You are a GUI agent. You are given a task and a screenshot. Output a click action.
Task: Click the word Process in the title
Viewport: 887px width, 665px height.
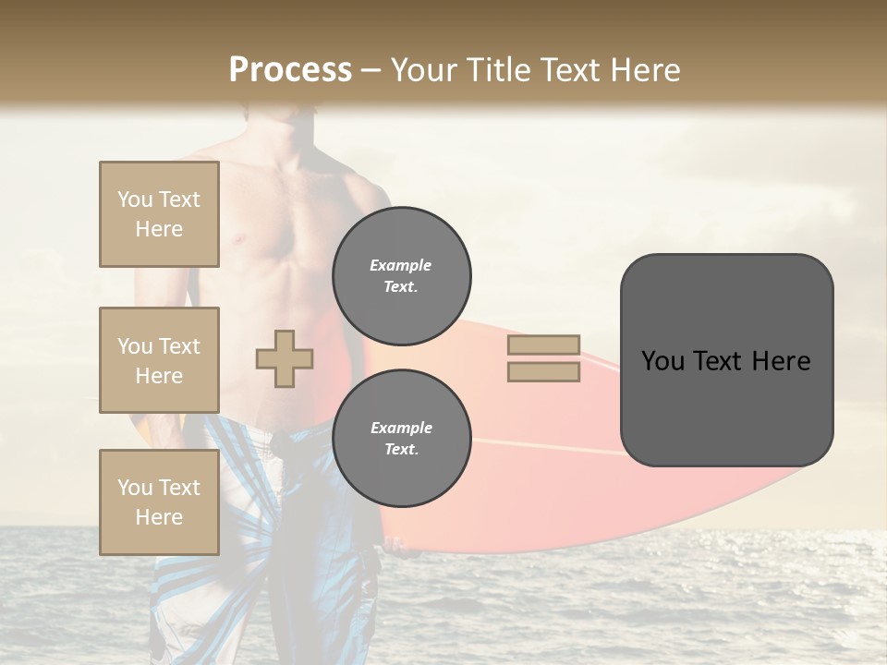(x=290, y=69)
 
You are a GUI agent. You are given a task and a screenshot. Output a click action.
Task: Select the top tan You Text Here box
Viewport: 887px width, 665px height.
(x=159, y=214)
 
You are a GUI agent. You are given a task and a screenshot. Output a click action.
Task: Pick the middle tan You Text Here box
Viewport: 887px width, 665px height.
(x=159, y=360)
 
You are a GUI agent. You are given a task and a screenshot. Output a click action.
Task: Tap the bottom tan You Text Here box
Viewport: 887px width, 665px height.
(x=159, y=502)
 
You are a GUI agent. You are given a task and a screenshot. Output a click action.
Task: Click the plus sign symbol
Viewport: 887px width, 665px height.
(x=285, y=358)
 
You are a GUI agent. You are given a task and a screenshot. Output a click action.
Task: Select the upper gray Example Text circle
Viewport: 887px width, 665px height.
(x=402, y=275)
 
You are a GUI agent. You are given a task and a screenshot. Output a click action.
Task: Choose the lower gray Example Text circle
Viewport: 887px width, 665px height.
(x=402, y=438)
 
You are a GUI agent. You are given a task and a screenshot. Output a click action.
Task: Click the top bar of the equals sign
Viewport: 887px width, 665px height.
(x=544, y=345)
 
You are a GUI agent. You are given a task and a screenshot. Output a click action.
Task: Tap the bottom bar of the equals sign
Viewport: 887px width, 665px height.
(x=544, y=371)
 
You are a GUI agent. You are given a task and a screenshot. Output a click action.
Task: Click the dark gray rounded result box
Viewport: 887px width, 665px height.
(x=726, y=360)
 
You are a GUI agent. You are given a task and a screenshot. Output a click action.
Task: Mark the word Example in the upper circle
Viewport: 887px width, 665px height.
(x=400, y=265)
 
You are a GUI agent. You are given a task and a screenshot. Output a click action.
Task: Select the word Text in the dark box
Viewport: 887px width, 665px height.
(x=717, y=361)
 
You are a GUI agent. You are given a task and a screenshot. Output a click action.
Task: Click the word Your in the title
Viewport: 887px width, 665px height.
(x=425, y=69)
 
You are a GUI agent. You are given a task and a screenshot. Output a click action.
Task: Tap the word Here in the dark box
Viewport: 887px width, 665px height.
(x=781, y=361)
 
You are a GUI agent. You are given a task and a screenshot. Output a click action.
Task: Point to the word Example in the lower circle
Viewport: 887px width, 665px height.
(x=401, y=428)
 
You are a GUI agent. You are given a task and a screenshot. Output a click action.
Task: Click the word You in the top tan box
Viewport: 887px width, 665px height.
(x=134, y=199)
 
